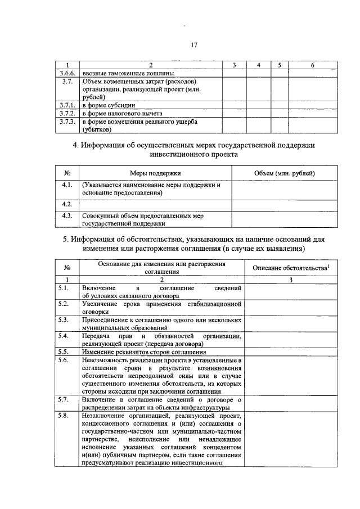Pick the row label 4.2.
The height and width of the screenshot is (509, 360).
click(x=67, y=204)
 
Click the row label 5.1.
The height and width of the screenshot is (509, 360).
click(x=67, y=287)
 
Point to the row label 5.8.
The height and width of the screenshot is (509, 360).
click(x=67, y=415)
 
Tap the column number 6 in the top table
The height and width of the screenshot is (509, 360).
click(x=312, y=65)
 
